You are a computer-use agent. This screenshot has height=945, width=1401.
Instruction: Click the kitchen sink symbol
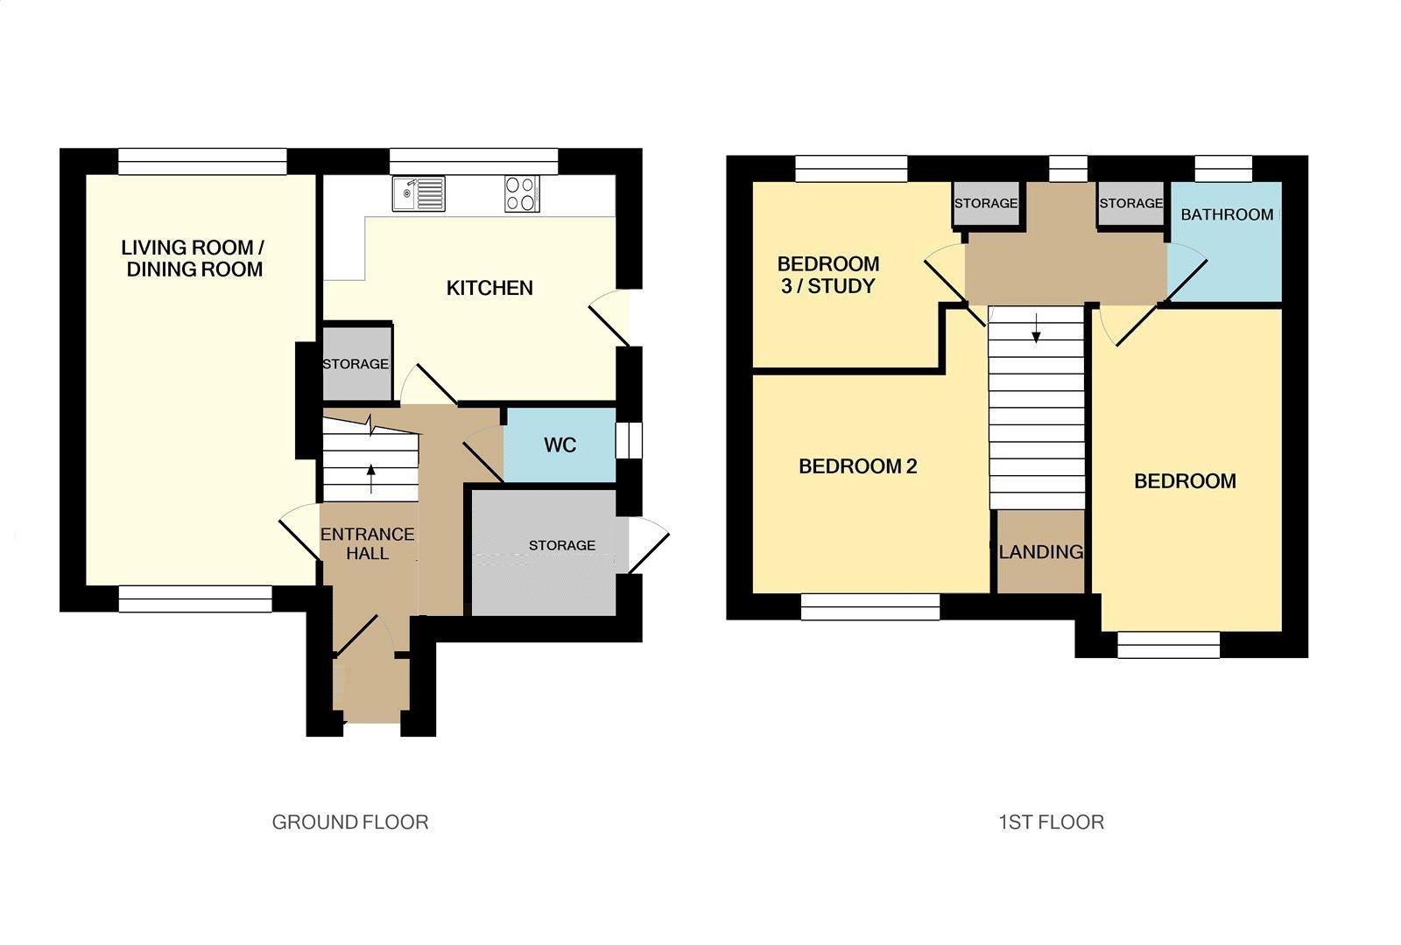pyautogui.click(x=419, y=193)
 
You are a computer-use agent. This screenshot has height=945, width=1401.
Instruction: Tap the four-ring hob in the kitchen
pyautogui.click(x=522, y=193)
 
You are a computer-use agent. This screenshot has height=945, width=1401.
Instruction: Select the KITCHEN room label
pyautogui.click(x=489, y=288)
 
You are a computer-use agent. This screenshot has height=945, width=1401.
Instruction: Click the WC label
pyautogui.click(x=560, y=445)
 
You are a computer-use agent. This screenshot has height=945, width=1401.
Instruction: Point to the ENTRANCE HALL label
pyautogui.click(x=367, y=543)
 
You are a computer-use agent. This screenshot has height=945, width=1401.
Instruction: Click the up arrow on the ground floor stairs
pyautogui.click(x=371, y=478)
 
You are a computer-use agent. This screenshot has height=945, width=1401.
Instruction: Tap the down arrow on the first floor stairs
pyautogui.click(x=1037, y=328)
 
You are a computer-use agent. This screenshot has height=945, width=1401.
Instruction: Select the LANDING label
pyautogui.click(x=1041, y=552)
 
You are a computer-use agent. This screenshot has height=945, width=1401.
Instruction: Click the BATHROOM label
pyautogui.click(x=1227, y=215)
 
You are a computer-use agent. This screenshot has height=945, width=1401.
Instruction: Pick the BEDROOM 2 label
pyautogui.click(x=858, y=466)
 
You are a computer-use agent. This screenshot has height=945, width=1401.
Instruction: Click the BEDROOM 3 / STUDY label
pyautogui.click(x=828, y=275)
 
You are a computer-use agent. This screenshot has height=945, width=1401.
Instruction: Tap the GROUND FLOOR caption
pyautogui.click(x=350, y=822)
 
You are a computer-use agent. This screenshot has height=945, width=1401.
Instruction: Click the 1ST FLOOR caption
pyautogui.click(x=1052, y=822)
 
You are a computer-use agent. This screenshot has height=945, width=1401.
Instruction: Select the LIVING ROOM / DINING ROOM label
pyautogui.click(x=194, y=258)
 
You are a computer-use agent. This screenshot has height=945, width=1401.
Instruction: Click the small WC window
pyautogui.click(x=629, y=441)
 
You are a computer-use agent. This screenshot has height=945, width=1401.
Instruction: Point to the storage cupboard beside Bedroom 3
pyautogui.click(x=986, y=204)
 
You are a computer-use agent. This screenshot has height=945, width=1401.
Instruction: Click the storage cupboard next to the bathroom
pyautogui.click(x=1130, y=204)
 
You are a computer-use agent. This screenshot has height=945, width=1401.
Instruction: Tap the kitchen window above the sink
pyautogui.click(x=474, y=161)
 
